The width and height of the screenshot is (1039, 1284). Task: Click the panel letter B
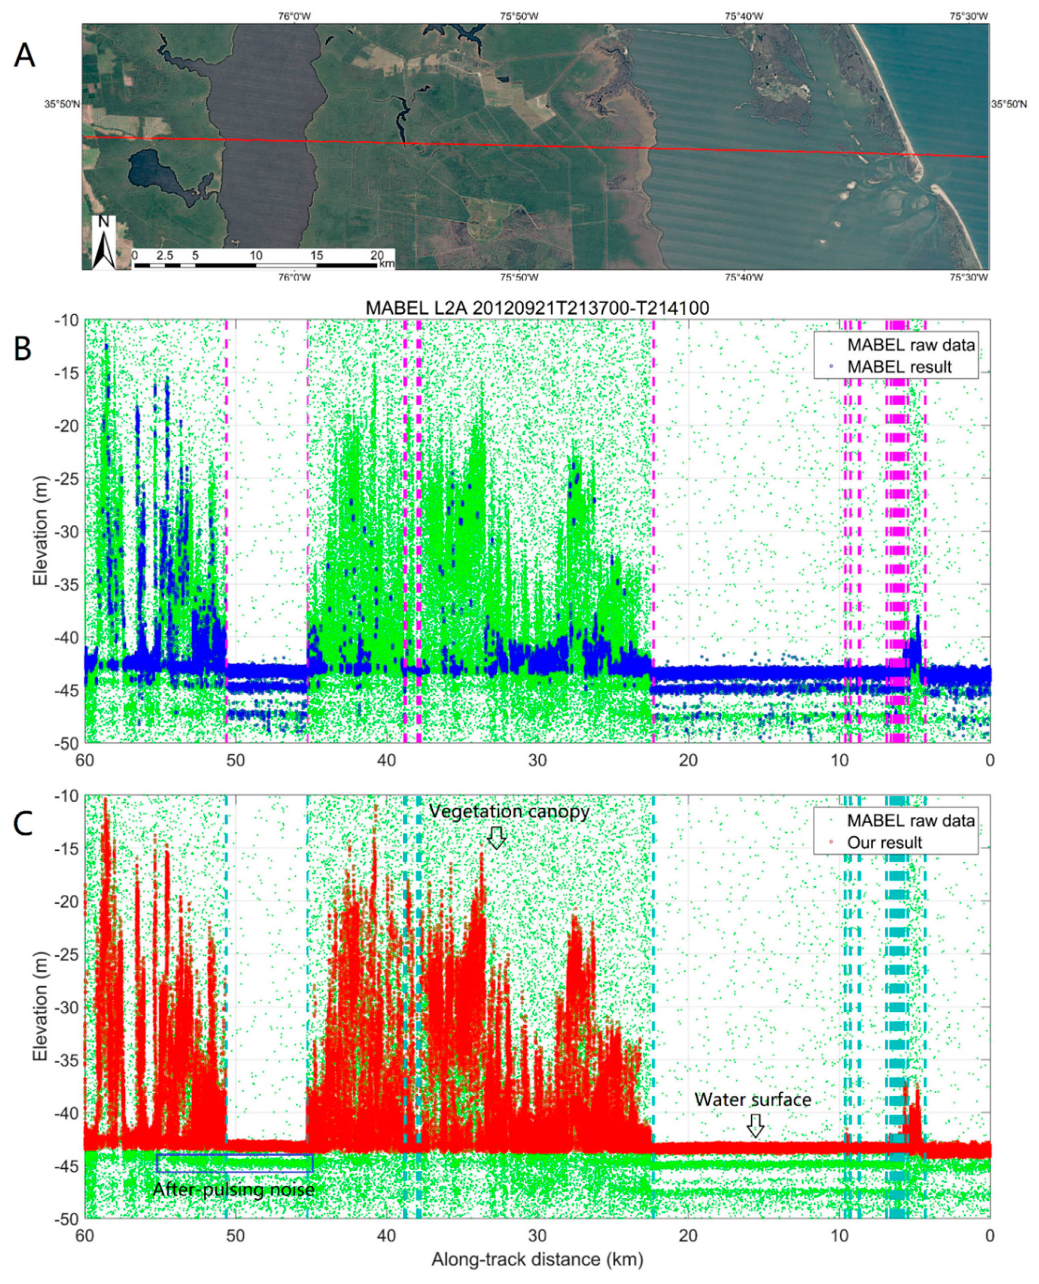[23, 348]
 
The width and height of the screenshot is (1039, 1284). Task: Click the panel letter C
[23, 824]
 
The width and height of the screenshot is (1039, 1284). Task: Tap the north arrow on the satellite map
[103, 243]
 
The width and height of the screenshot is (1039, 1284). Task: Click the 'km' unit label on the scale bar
[387, 263]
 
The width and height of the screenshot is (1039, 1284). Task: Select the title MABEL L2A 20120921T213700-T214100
[537, 308]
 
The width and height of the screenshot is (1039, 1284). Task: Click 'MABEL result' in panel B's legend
[899, 367]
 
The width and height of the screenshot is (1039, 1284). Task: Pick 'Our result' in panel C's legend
[884, 843]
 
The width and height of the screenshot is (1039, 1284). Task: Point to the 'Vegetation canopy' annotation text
[509, 811]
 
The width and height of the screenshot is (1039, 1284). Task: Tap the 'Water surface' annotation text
[752, 1100]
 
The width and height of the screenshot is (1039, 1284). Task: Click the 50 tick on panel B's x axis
[235, 760]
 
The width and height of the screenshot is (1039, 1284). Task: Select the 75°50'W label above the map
[518, 16]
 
